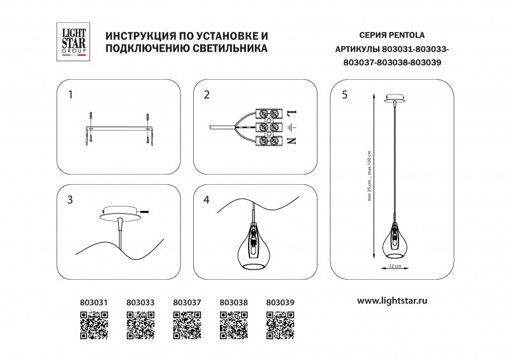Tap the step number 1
pyautogui.click(x=71, y=95)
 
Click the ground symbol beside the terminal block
pyautogui.click(x=293, y=127)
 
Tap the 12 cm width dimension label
pyautogui.click(x=394, y=265)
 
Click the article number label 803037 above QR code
pyautogui.click(x=187, y=303)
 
